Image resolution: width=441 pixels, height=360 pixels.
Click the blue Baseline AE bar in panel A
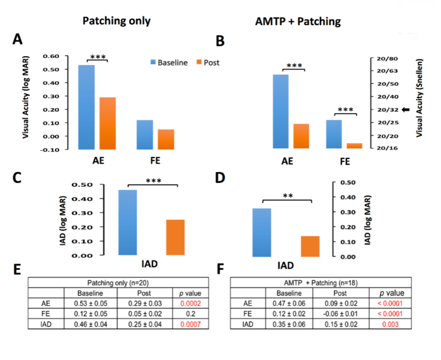pyautogui.click(x=86, y=107)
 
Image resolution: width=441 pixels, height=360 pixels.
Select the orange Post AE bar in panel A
pyautogui.click(x=107, y=122)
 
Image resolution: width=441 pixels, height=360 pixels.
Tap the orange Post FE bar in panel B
pyautogui.click(x=355, y=146)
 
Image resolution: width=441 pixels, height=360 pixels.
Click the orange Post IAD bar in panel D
pyautogui.click(x=310, y=246)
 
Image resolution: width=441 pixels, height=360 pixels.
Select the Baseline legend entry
pyautogui.click(x=175, y=62)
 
